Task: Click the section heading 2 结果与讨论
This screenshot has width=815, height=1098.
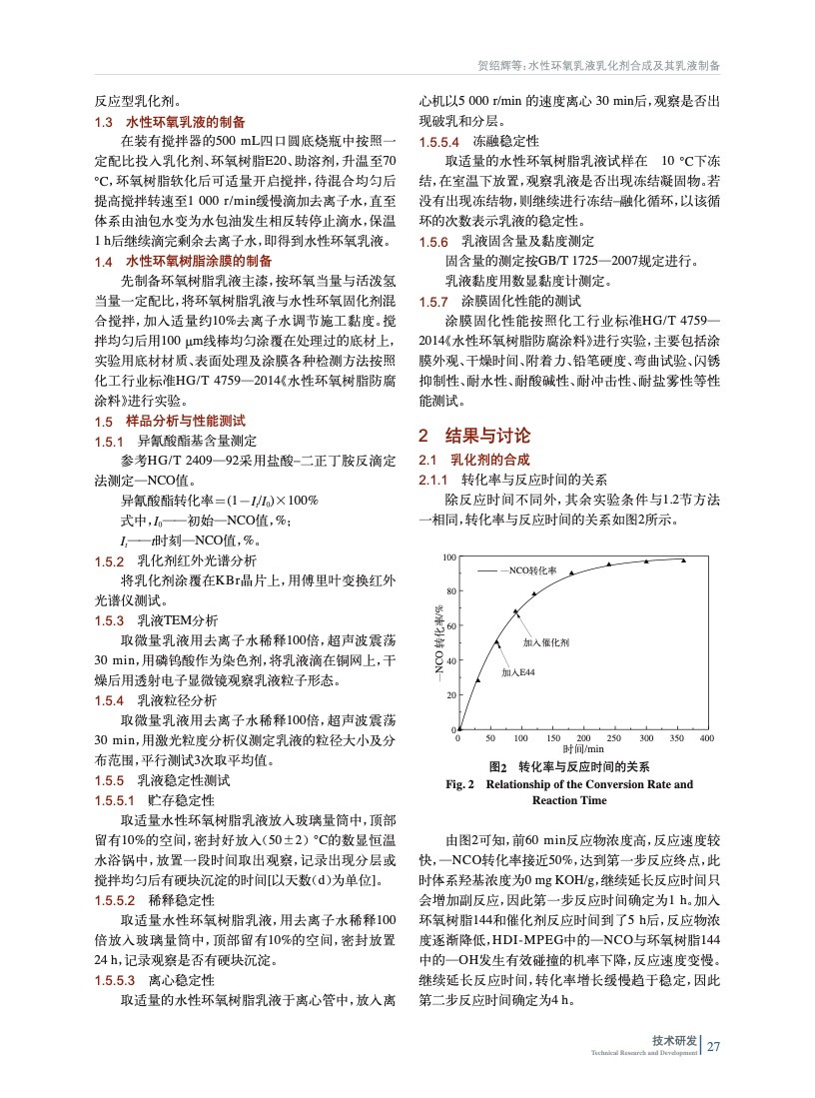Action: (474, 436)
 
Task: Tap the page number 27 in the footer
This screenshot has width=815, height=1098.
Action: (713, 1047)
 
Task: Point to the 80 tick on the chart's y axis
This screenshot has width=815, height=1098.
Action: (450, 591)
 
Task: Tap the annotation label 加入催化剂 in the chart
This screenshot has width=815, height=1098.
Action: (546, 643)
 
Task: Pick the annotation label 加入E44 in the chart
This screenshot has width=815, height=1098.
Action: (518, 671)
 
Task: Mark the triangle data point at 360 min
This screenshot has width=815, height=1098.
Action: (683, 560)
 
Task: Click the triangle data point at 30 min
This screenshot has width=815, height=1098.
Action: (477, 679)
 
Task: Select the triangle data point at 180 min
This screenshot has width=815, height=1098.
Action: (571, 573)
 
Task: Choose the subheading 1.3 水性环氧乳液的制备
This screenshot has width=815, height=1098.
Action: (170, 122)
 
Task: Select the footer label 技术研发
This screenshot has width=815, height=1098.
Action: (674, 1040)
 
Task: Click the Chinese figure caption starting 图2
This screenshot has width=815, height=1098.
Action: (567, 766)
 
